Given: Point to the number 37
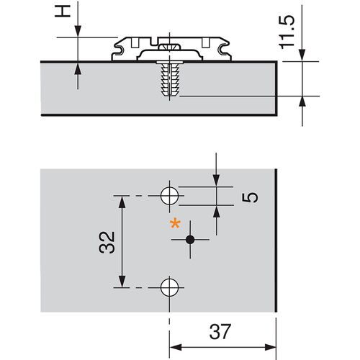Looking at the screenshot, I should (222, 333).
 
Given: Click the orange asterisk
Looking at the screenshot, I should (174, 225).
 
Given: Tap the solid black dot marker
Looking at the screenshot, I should (190, 239).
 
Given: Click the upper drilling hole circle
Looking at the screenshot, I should (170, 195).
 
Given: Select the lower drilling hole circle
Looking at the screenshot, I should (170, 287).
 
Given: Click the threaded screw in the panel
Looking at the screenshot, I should (170, 80).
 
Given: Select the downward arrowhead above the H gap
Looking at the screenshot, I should (76, 33).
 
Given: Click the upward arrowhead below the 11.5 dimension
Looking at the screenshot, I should (302, 102).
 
